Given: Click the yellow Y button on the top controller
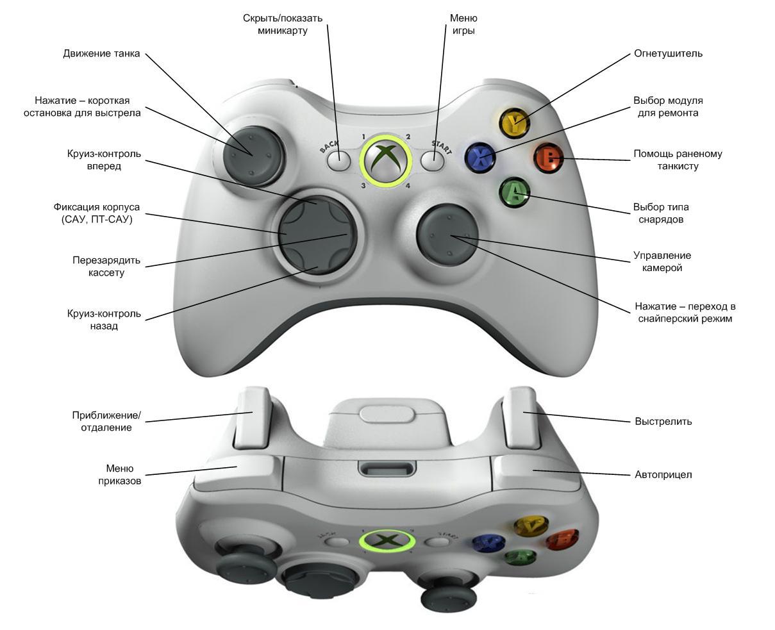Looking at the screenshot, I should [x=512, y=122].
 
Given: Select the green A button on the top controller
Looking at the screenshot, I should [x=514, y=191].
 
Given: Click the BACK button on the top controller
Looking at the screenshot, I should [x=338, y=160].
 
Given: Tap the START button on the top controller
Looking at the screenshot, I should [x=433, y=160].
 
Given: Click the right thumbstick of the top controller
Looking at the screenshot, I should [x=447, y=234].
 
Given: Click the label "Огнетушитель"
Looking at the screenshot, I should [x=668, y=53].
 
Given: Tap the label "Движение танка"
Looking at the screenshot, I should [x=101, y=53].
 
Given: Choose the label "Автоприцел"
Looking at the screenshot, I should [x=663, y=475].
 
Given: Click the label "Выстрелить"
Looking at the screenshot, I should [x=663, y=422].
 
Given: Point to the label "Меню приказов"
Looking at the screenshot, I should [x=120, y=474].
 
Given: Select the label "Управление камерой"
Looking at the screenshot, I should [x=662, y=261].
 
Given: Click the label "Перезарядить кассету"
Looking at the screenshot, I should [x=106, y=267].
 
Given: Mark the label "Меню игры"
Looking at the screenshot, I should [x=463, y=24].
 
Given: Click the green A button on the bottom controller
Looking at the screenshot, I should [x=521, y=556].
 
